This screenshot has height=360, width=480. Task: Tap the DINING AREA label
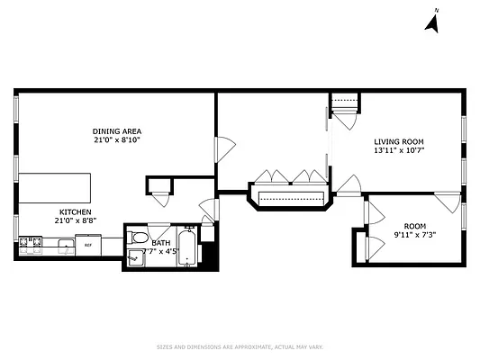(x=117, y=130)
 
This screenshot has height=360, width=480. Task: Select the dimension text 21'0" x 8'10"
(x=117, y=140)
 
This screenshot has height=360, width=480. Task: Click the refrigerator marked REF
(x=88, y=244)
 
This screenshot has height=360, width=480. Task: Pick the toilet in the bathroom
(x=138, y=238)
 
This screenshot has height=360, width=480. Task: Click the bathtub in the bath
(x=186, y=247)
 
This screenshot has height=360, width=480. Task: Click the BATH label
(x=160, y=242)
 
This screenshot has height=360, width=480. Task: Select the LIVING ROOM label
(x=398, y=142)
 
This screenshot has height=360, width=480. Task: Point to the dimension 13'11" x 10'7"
(x=398, y=151)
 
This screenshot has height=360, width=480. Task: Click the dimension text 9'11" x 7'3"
(x=414, y=236)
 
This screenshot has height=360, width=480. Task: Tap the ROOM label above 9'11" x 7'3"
(x=414, y=227)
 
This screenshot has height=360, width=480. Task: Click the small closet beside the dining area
(x=160, y=187)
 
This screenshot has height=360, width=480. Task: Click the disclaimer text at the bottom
(x=240, y=346)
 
